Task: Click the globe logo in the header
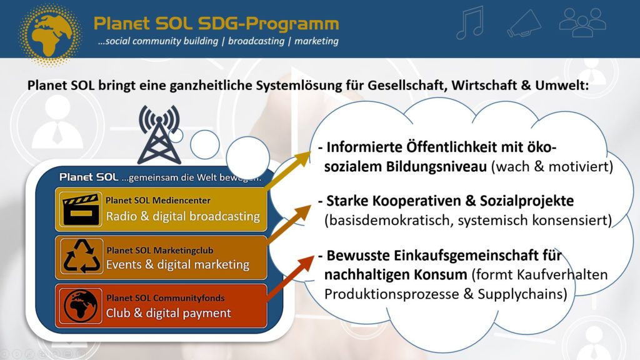(x=50, y=34)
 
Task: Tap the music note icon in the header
(x=470, y=23)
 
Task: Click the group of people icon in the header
(x=582, y=23)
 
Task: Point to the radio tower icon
(x=159, y=135)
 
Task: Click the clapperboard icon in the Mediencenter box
(x=81, y=210)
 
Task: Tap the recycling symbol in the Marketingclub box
(x=82, y=256)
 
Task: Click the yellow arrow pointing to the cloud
(x=287, y=170)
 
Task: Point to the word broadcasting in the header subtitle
(x=256, y=41)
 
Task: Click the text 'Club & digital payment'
(x=168, y=313)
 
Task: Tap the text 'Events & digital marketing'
(x=177, y=265)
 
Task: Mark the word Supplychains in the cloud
(x=522, y=294)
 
